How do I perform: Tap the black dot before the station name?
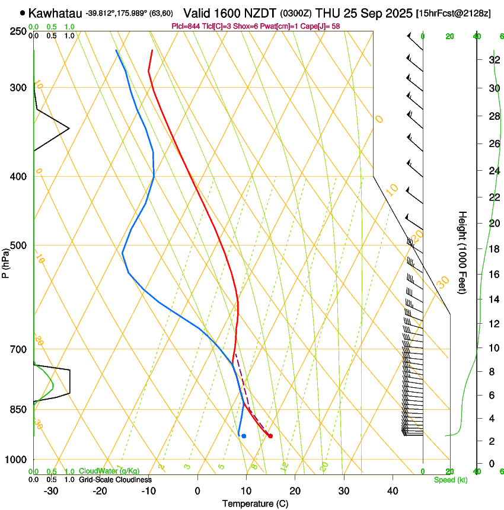pos(23,12)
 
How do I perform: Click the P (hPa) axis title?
pos(5,262)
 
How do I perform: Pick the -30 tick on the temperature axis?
pos(51,490)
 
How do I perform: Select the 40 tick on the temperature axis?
pos(393,490)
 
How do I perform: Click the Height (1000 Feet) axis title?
pos(462,252)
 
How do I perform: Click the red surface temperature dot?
pos(270,436)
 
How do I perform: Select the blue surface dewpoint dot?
pos(244,436)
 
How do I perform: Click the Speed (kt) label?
pos(451,480)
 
